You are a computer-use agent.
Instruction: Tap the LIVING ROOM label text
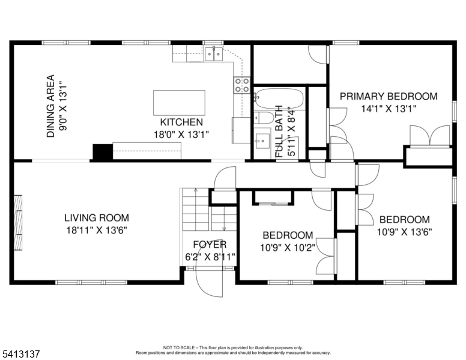[x=97, y=218]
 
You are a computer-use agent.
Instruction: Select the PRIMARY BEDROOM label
[x=389, y=96]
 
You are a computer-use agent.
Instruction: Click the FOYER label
[x=210, y=245]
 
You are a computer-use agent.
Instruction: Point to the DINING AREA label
[x=51, y=106]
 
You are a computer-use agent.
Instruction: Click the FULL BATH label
[x=280, y=133]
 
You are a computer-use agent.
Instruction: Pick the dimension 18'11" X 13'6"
[x=97, y=230]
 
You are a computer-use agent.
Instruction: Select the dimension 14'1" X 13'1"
[x=389, y=109]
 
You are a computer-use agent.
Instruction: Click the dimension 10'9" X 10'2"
[x=286, y=247]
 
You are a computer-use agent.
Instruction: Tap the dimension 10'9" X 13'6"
[x=405, y=232]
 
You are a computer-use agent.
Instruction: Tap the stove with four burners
[x=242, y=85]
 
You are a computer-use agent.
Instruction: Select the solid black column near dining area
[x=102, y=152]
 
